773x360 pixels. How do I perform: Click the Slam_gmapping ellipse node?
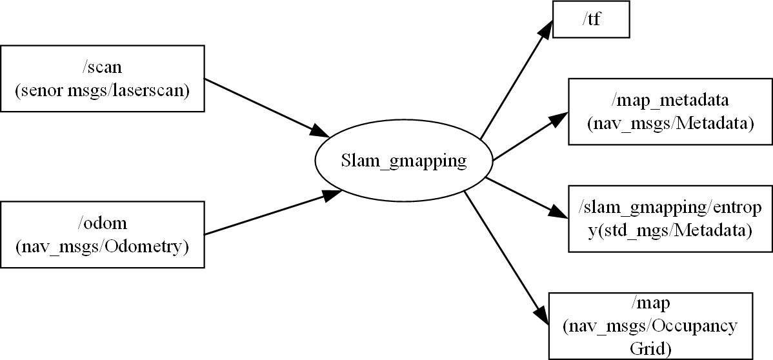[403, 161]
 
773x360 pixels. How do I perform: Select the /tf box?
[592, 20]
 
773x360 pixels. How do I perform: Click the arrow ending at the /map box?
[503, 252]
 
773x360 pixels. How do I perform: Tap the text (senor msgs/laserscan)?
[103, 91]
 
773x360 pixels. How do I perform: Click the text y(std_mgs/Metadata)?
[670, 229]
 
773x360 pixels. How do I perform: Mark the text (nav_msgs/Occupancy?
[650, 326]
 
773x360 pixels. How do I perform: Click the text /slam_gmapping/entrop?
[670, 208]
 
